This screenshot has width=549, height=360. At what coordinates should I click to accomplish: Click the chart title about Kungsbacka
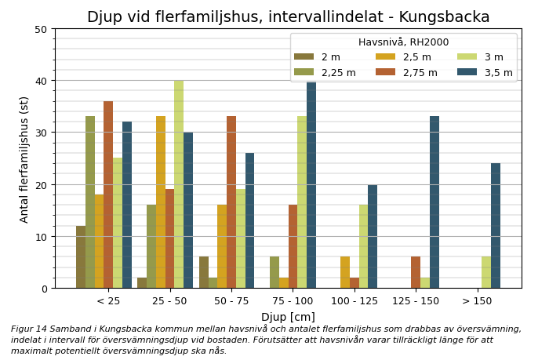tap(288, 17)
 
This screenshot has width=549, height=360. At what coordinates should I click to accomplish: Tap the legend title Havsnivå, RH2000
tap(403, 42)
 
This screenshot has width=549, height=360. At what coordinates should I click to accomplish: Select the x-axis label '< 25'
tap(108, 301)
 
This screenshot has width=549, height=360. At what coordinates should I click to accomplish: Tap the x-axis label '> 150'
tap(477, 301)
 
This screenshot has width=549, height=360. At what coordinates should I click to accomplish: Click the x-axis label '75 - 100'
tap(293, 301)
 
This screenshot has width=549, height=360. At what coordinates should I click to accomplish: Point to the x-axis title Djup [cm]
tap(288, 317)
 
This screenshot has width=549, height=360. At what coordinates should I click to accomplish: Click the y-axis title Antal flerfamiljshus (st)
tap(24, 159)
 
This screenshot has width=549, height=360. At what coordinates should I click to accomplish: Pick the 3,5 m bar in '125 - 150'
tap(434, 202)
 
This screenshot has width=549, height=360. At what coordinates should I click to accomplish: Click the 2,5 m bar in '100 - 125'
tap(345, 272)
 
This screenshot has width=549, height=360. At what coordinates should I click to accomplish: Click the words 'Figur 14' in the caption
tap(29, 329)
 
